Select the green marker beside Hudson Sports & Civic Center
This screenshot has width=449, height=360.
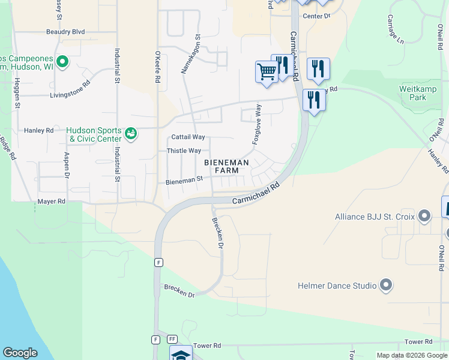(131, 133)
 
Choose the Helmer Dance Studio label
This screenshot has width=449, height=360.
(339, 286)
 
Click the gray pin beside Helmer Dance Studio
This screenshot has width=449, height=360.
(385, 286)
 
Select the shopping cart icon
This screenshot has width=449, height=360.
(266, 71)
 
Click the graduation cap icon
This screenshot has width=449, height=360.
(181, 354)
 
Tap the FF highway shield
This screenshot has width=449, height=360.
(172, 340)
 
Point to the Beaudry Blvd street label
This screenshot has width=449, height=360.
(65, 32)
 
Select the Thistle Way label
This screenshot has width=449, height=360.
(184, 151)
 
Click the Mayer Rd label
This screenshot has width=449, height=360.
(51, 202)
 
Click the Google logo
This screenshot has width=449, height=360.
(20, 352)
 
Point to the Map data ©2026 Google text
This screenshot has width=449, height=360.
(412, 355)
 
